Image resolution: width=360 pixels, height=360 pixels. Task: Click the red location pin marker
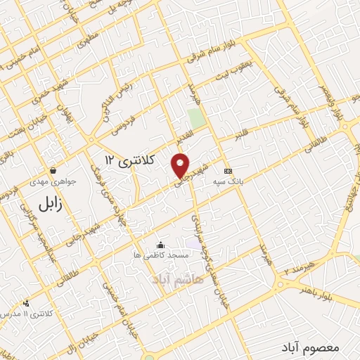tap(181, 165)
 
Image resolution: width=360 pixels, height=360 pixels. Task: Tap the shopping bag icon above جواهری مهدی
tap(53, 170)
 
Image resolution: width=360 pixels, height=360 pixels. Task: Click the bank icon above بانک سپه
tap(227, 171)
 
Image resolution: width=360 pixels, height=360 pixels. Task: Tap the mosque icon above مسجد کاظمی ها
tap(161, 245)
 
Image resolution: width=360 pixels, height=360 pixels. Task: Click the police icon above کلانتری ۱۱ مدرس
tap(26, 302)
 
